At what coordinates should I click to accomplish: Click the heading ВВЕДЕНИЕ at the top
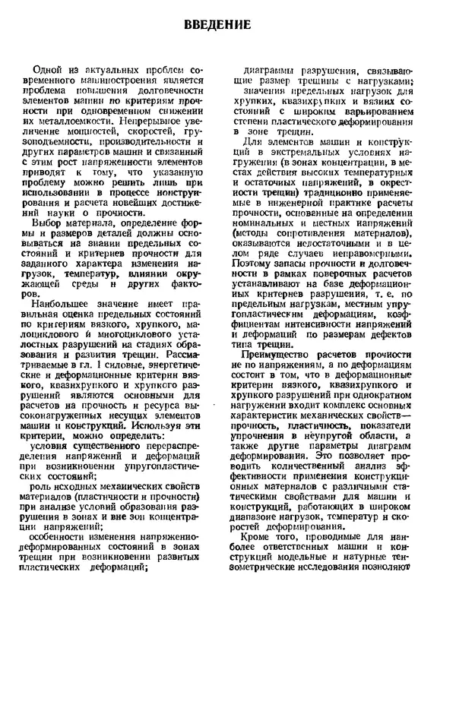click(217, 24)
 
